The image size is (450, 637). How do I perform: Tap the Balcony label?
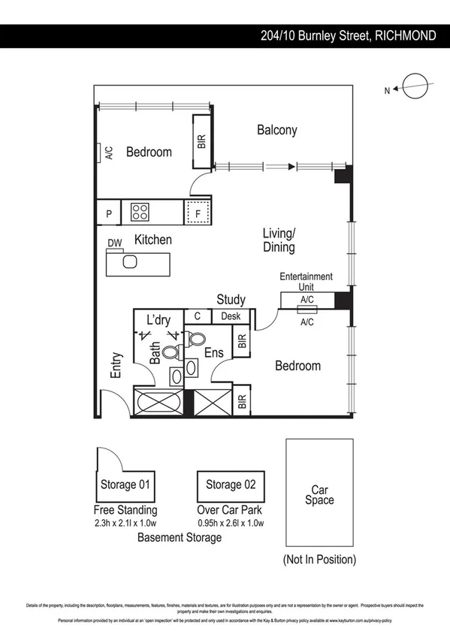pos(276,130)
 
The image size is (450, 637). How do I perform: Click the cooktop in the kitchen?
pos(140,213)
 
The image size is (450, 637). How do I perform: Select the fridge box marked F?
pos(198,213)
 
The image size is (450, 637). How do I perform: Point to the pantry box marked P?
pos(109,213)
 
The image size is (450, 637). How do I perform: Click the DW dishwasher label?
pos(114,243)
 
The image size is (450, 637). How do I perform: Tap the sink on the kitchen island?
pos(129,262)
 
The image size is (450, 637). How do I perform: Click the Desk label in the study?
pos(231,316)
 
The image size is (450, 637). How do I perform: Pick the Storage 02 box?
pos(231,485)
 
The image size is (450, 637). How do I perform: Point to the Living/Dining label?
pos(279,240)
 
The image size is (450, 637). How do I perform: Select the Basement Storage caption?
pos(180,537)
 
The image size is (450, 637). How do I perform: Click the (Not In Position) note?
pos(319,559)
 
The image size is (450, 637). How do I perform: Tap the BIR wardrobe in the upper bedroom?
pos(201,140)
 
